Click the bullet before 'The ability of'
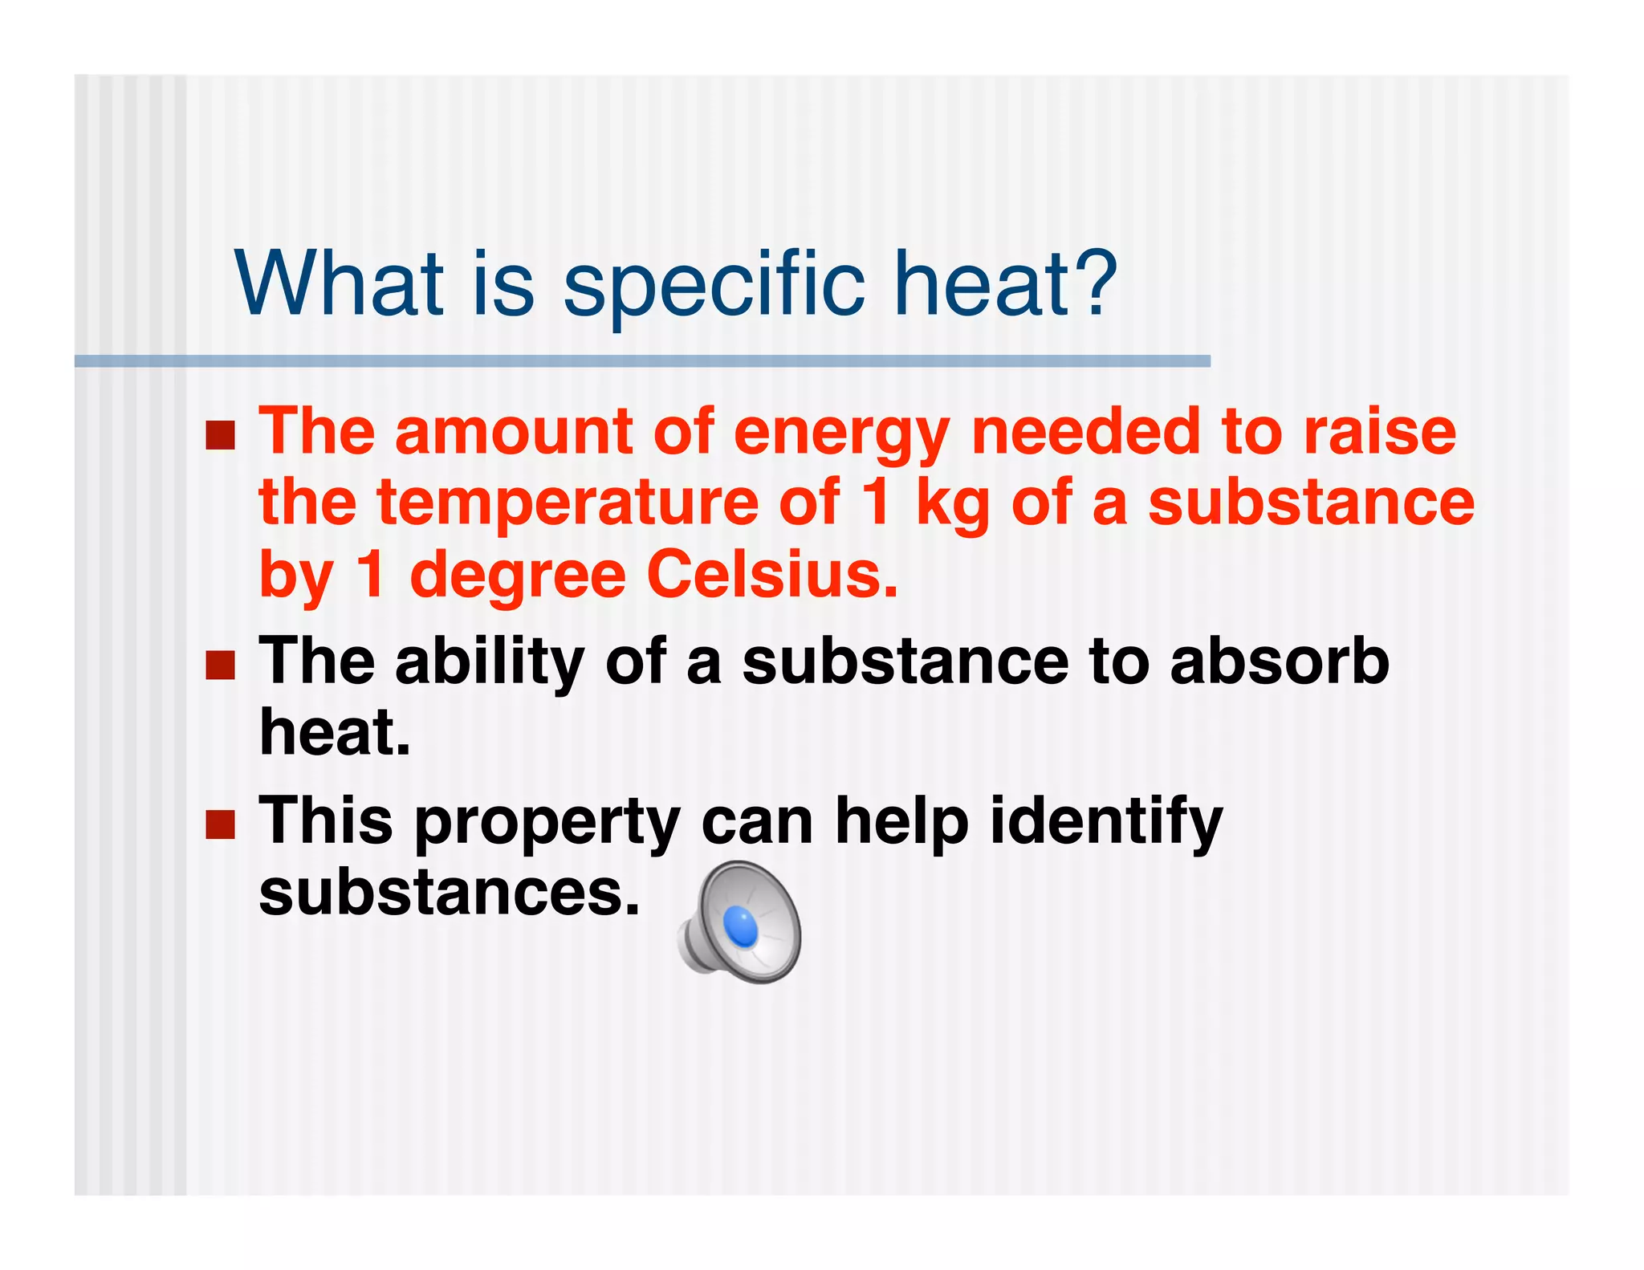click(x=220, y=665)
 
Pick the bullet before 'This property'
click(x=220, y=824)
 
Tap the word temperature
click(x=568, y=503)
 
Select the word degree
click(x=517, y=577)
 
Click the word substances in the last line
click(x=449, y=893)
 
